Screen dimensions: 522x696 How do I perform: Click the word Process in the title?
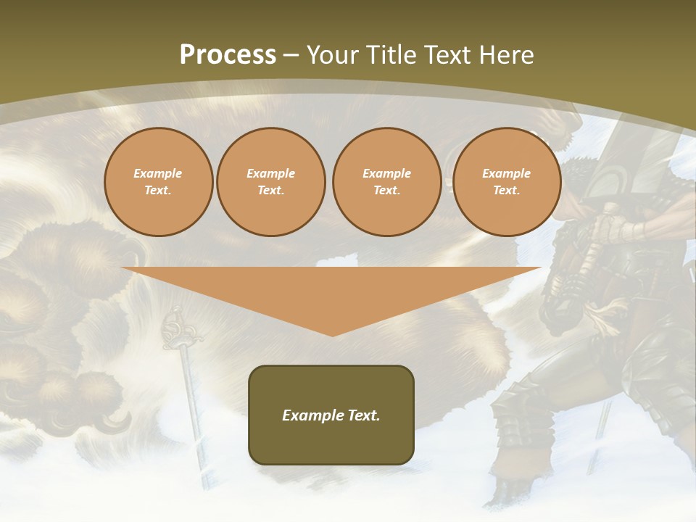tap(228, 55)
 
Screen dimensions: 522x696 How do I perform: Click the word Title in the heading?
tap(391, 55)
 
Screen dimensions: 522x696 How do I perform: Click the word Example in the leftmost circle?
tap(158, 173)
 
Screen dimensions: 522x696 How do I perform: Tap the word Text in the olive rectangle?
tap(364, 415)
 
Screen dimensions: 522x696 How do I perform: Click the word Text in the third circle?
tap(386, 191)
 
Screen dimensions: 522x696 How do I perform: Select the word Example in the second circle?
tap(270, 173)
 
